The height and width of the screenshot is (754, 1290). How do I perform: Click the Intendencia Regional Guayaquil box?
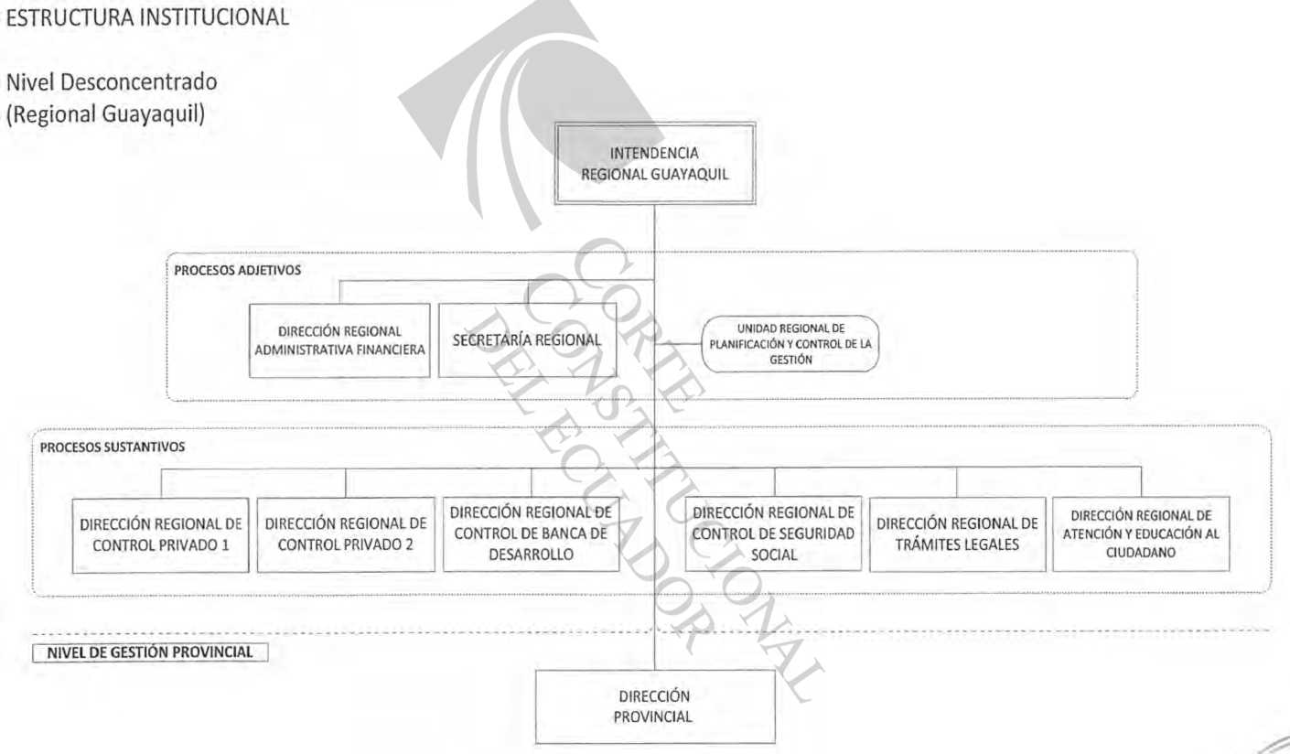655,164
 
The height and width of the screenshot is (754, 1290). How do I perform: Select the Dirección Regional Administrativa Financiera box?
339,340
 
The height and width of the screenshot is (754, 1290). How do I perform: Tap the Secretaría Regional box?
527,340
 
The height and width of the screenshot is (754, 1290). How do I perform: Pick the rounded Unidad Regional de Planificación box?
790,344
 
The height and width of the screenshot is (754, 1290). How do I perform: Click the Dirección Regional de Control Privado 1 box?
161,535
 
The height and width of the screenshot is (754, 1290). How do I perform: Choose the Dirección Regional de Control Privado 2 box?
346,535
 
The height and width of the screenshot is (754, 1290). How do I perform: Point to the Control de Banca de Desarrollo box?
531,534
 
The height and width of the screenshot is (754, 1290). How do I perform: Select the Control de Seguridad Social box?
773,534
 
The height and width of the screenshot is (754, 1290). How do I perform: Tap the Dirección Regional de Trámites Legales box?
957,534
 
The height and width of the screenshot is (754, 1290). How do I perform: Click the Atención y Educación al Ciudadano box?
1141,534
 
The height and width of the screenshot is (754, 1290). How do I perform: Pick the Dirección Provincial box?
655,706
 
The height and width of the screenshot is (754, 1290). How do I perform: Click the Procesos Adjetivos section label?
237,270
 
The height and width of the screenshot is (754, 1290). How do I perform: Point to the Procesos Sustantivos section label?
113,447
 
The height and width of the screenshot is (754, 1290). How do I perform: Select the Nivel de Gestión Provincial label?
150,652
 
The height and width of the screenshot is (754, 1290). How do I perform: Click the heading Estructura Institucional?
147,17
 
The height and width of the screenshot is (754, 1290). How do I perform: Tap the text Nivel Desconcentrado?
112,81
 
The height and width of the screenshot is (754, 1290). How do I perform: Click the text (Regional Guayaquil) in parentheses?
105,114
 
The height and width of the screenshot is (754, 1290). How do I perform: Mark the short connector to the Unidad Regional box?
678,344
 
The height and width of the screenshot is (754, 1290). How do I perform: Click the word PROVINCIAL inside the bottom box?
652,717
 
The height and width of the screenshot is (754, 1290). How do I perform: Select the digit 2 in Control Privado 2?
409,544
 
